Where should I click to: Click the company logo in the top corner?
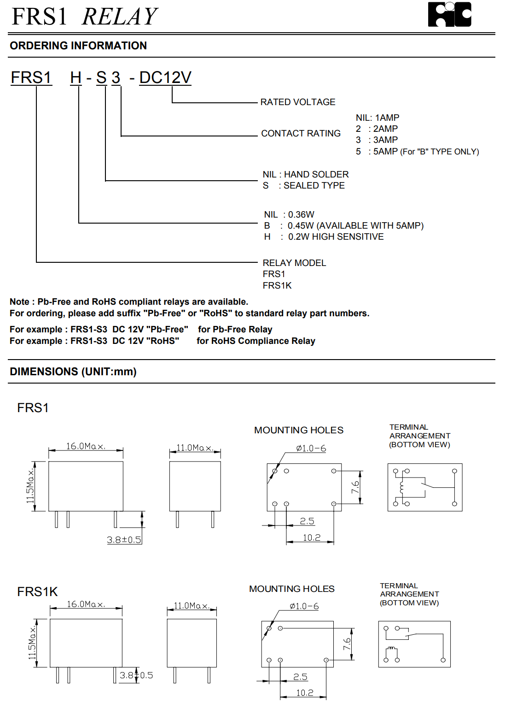pos(449,15)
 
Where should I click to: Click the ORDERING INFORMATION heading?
pos(78,46)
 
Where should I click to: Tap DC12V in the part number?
pos(165,78)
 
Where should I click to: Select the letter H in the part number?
pos(76,78)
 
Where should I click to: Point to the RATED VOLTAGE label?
pos(298,102)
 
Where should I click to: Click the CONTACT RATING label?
pos(301,133)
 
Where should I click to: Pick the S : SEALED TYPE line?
pos(304,186)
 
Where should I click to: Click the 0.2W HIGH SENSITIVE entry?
pos(336,237)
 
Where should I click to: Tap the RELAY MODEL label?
pos(294,263)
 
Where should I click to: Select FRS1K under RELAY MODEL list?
pos(277,286)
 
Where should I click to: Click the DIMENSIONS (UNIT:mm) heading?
pos(73,372)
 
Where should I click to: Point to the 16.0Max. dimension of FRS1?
pos(86,446)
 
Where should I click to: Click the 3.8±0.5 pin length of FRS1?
pos(124,540)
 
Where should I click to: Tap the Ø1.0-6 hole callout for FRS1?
pos(311,448)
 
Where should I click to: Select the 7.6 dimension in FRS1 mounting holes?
pos(355,487)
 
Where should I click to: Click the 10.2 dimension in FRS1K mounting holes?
pos(305,693)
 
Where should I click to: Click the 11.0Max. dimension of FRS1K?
pos(192,606)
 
